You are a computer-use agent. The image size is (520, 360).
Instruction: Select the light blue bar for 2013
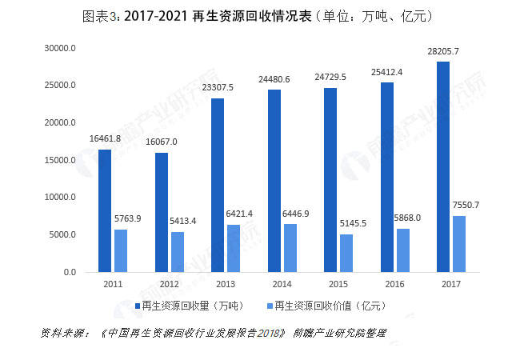coord(234,249)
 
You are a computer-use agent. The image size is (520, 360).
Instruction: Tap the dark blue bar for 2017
coord(443,167)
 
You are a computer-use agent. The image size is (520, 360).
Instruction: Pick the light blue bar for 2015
coord(346,254)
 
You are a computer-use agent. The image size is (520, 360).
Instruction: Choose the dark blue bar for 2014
coord(274,181)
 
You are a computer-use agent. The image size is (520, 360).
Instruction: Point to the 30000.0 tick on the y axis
coord(60,48)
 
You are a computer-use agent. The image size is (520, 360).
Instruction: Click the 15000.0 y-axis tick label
coord(60,160)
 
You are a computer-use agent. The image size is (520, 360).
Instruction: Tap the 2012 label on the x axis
coord(170,284)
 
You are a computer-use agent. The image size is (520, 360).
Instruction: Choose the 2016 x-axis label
coord(395,284)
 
